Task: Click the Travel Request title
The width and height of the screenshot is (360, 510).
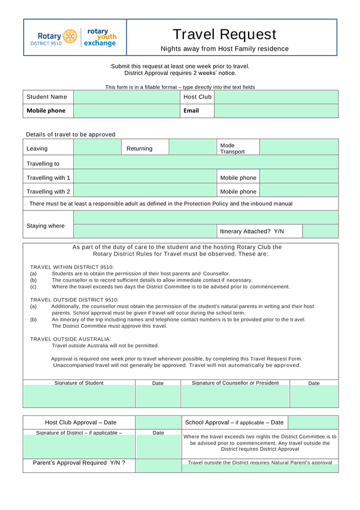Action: coord(224,34)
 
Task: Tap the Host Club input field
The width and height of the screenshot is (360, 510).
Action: coord(276,97)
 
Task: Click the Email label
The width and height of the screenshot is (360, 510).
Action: coord(191,111)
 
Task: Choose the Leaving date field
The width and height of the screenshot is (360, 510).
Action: coord(97,147)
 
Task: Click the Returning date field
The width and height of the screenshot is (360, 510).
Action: coord(192,147)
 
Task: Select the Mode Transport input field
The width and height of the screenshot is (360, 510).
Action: coord(299,147)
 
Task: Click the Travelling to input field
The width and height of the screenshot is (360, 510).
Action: coord(206,163)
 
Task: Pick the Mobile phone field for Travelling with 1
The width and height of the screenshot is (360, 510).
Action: coord(299,177)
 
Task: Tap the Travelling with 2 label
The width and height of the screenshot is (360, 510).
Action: coord(48,191)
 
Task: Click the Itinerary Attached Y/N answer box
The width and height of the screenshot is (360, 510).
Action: coord(320,231)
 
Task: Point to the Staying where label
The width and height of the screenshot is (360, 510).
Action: coord(46,226)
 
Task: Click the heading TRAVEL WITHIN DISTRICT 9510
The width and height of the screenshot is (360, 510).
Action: coord(72,267)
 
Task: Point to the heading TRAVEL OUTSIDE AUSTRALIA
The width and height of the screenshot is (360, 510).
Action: coord(71,339)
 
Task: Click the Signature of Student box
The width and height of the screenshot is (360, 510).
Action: coord(79,396)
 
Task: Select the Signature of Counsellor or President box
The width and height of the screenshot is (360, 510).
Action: coord(235,396)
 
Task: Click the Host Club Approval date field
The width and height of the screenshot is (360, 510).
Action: coord(158,422)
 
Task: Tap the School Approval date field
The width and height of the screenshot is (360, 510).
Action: coord(313,422)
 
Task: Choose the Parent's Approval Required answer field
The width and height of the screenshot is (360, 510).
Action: coord(158,466)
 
